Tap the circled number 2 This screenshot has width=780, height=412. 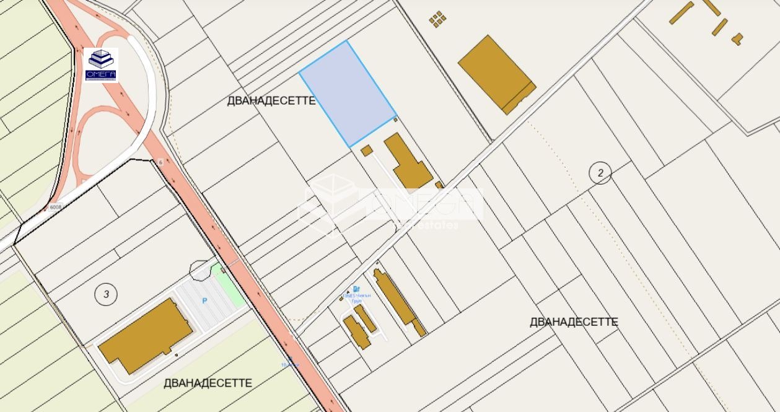point(600,173)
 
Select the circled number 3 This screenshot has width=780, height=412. point(106,294)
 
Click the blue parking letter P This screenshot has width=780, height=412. point(204,301)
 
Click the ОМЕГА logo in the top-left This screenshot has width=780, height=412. point(101,64)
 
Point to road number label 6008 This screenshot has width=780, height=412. point(56,207)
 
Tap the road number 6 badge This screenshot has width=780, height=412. point(160,161)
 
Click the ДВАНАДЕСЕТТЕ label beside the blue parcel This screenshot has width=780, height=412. point(271,101)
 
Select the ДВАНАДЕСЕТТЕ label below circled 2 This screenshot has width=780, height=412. point(574,322)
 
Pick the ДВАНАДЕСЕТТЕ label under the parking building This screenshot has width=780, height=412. point(208,383)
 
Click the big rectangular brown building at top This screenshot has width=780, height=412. point(496,74)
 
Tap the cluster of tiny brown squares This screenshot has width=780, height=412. point(438,19)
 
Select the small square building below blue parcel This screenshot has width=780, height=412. point(366,150)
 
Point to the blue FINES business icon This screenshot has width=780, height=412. point(356,289)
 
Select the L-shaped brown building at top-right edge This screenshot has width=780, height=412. point(737,38)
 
